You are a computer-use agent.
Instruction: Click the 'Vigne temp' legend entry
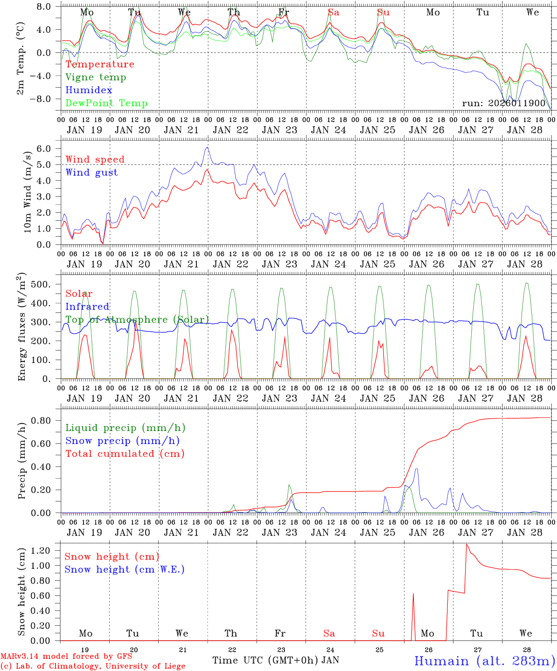96,77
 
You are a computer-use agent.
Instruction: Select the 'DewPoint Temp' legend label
106,103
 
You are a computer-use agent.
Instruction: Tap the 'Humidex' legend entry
89,90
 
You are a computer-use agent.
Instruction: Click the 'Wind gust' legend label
91,172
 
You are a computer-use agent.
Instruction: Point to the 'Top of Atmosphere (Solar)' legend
137,320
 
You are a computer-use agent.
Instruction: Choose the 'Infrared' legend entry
87,307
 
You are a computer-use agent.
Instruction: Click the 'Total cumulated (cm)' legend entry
125,454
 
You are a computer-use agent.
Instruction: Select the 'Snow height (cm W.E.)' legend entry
125,569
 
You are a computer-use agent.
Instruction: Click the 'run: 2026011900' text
503,103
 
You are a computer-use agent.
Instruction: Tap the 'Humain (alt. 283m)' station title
485,661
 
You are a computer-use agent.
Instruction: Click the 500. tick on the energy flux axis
40,284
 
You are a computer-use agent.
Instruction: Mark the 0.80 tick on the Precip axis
42,420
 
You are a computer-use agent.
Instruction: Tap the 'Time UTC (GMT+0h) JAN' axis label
276,660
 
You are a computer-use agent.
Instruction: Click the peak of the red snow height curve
466,544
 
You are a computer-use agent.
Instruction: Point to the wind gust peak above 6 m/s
207,147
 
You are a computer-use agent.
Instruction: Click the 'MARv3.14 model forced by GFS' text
66,657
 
